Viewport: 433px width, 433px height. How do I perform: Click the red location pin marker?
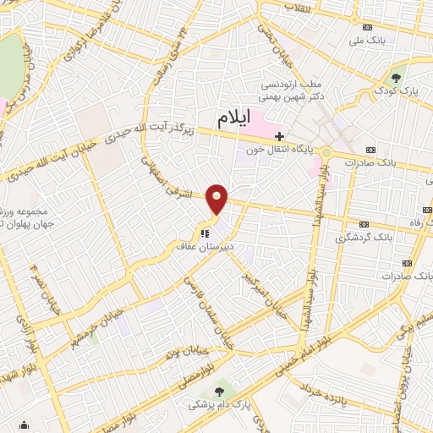pyautogui.click(x=217, y=199)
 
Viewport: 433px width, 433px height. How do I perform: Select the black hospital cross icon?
pyautogui.click(x=279, y=135)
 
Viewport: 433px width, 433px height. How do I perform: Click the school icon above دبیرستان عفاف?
pyautogui.click(x=203, y=233)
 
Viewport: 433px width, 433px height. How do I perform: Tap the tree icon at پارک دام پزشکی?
pyautogui.click(x=221, y=391)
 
